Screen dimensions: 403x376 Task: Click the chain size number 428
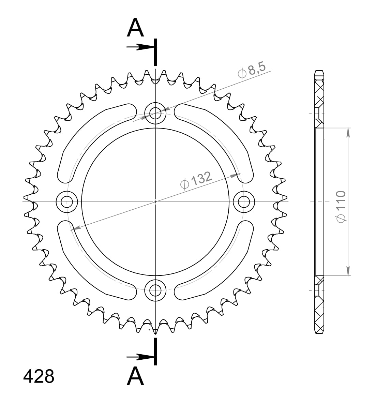click(39, 376)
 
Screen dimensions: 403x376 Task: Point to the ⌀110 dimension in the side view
click(341, 207)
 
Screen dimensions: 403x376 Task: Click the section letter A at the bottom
click(135, 376)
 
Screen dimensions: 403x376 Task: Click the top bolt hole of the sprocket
click(155, 112)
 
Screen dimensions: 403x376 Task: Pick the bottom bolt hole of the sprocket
click(155, 291)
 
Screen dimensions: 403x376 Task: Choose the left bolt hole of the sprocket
click(66, 202)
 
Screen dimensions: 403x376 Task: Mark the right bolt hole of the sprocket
click(244, 202)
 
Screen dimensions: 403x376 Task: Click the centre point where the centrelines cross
click(155, 202)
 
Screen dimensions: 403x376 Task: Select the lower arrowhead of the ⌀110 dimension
click(348, 271)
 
